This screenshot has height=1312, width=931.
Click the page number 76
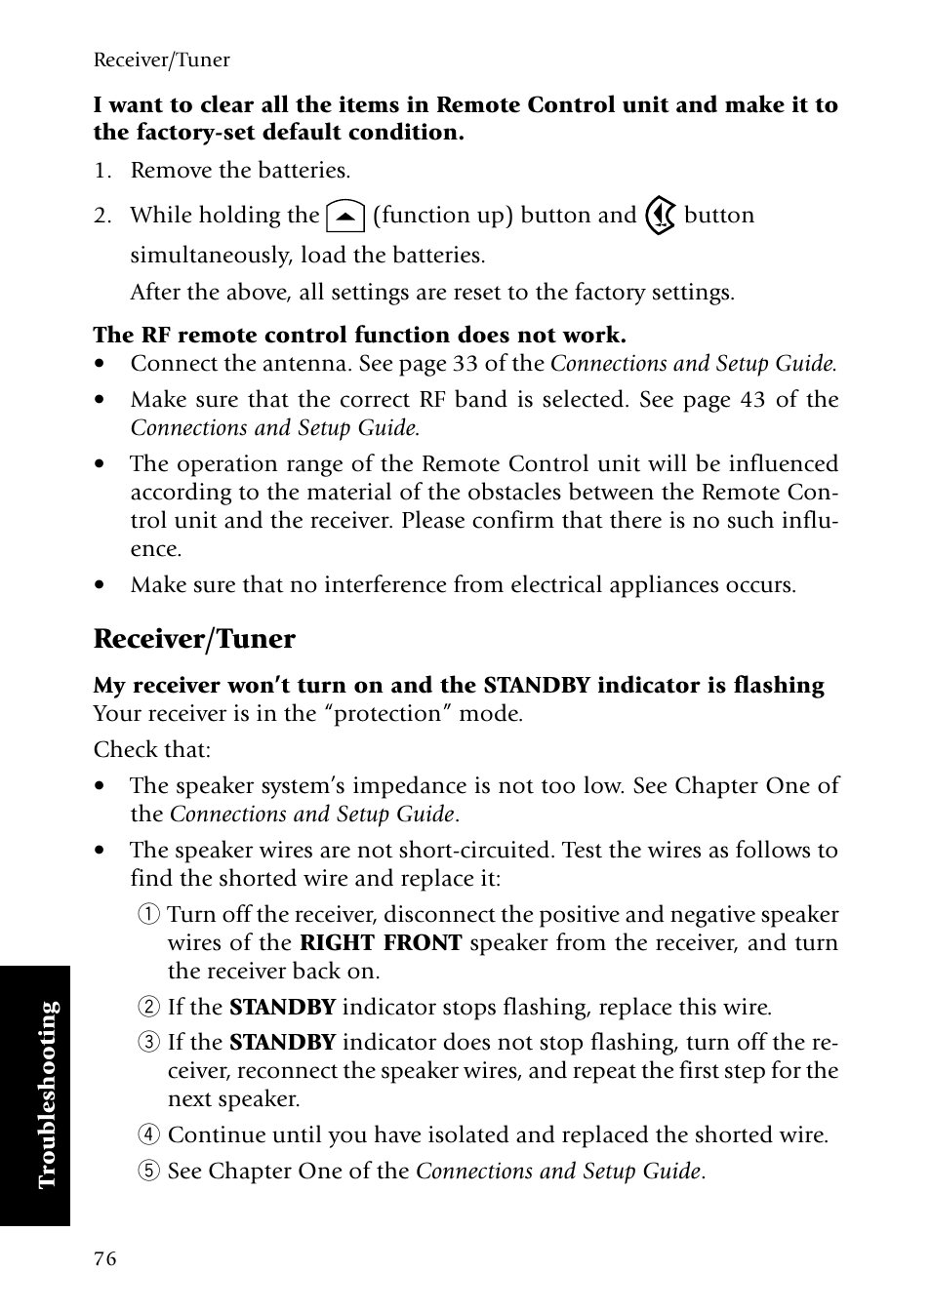tap(104, 1258)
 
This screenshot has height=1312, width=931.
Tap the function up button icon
tap(345, 216)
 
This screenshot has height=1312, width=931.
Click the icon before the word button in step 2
tap(661, 216)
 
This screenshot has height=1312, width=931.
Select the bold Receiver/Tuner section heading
tap(194, 639)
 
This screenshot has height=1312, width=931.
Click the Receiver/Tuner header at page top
tap(161, 60)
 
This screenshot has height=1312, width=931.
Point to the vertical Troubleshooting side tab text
tap(49, 1094)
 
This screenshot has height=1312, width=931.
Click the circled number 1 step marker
tap(147, 915)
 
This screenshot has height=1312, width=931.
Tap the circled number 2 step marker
tap(147, 1008)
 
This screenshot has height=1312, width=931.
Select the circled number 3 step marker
tap(147, 1043)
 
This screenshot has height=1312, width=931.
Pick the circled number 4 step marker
tap(147, 1135)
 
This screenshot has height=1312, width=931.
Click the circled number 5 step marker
tap(147, 1172)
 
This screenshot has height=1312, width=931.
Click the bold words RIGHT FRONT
tap(381, 943)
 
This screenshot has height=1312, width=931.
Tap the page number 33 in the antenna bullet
tap(465, 364)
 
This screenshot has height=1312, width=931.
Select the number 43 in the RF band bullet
tap(752, 400)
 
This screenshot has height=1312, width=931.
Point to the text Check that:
tap(151, 750)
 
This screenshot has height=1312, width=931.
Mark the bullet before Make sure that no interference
tap(100, 586)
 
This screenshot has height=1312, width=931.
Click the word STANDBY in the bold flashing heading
tap(537, 686)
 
